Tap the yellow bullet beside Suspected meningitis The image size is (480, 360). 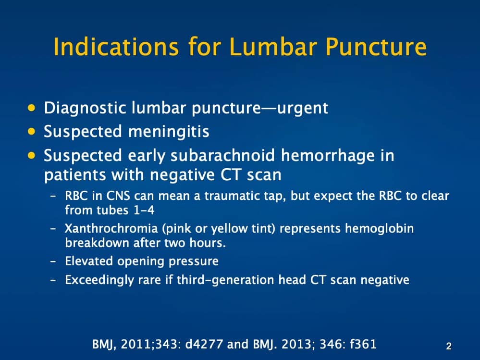[x=32, y=131]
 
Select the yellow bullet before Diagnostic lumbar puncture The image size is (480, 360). [x=32, y=107]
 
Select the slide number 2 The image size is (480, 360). [x=449, y=346]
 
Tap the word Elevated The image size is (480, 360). [x=87, y=261]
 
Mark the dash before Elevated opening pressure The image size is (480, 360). [x=53, y=262]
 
